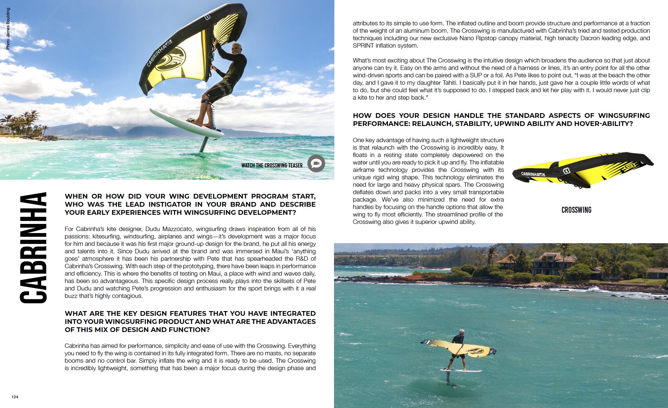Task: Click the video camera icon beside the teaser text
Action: pyautogui.click(x=316, y=163)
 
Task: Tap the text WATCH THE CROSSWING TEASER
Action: pyautogui.click(x=272, y=165)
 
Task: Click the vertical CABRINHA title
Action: pyautogui.click(x=33, y=248)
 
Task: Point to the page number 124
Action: pyautogui.click(x=15, y=397)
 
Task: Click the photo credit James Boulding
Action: pyautogui.click(x=8, y=29)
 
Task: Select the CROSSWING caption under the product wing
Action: pyautogui.click(x=576, y=210)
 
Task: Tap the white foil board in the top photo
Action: pyautogui.click(x=186, y=123)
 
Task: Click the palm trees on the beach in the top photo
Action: pyautogui.click(x=24, y=122)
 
